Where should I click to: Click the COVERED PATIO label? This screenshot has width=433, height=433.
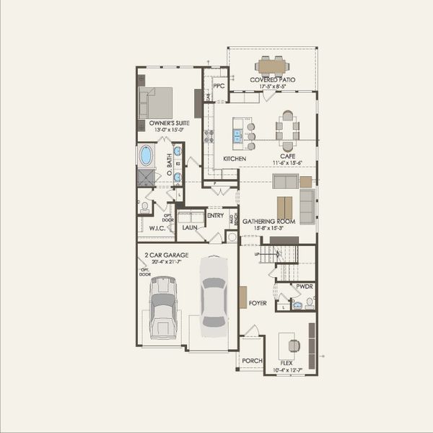(x=272, y=79)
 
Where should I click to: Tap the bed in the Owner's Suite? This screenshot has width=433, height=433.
(x=157, y=102)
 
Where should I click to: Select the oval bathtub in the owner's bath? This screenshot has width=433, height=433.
(x=146, y=155)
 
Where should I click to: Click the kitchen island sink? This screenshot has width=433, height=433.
(x=237, y=134)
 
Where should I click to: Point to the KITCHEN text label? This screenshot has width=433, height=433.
(x=235, y=159)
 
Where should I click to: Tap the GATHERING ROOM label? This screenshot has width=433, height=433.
(x=268, y=222)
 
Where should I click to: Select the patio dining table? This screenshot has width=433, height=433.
(x=272, y=66)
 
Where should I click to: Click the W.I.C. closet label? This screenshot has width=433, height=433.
(x=158, y=228)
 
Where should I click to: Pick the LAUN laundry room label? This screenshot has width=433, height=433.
(x=190, y=227)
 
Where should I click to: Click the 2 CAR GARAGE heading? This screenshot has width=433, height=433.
(x=166, y=255)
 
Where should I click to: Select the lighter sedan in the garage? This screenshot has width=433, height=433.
(x=214, y=292)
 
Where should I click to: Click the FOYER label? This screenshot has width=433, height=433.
(x=258, y=303)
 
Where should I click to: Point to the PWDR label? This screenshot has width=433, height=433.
(x=305, y=287)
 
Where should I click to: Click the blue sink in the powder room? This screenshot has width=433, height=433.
(x=297, y=305)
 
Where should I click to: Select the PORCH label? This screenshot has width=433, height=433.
(x=251, y=361)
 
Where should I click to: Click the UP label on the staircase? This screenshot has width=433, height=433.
(x=257, y=254)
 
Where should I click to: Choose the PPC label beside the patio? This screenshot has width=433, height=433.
(x=219, y=85)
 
